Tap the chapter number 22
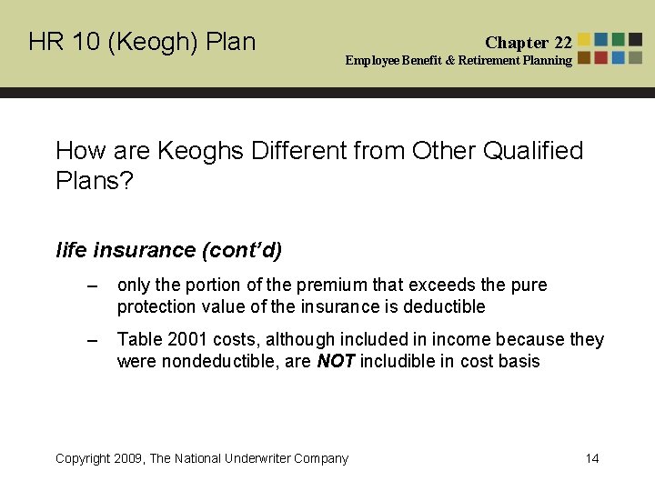(x=563, y=43)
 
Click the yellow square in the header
(x=584, y=40)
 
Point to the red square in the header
(x=601, y=40)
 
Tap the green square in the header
(x=619, y=40)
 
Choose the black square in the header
(x=636, y=40)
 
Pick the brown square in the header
(x=584, y=57)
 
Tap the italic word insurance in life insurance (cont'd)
(x=144, y=250)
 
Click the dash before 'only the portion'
(x=90, y=286)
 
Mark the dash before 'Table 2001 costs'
(x=90, y=340)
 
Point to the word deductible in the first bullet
(x=447, y=307)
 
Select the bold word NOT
(x=335, y=362)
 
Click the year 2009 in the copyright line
(x=129, y=458)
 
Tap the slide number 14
(x=592, y=458)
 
